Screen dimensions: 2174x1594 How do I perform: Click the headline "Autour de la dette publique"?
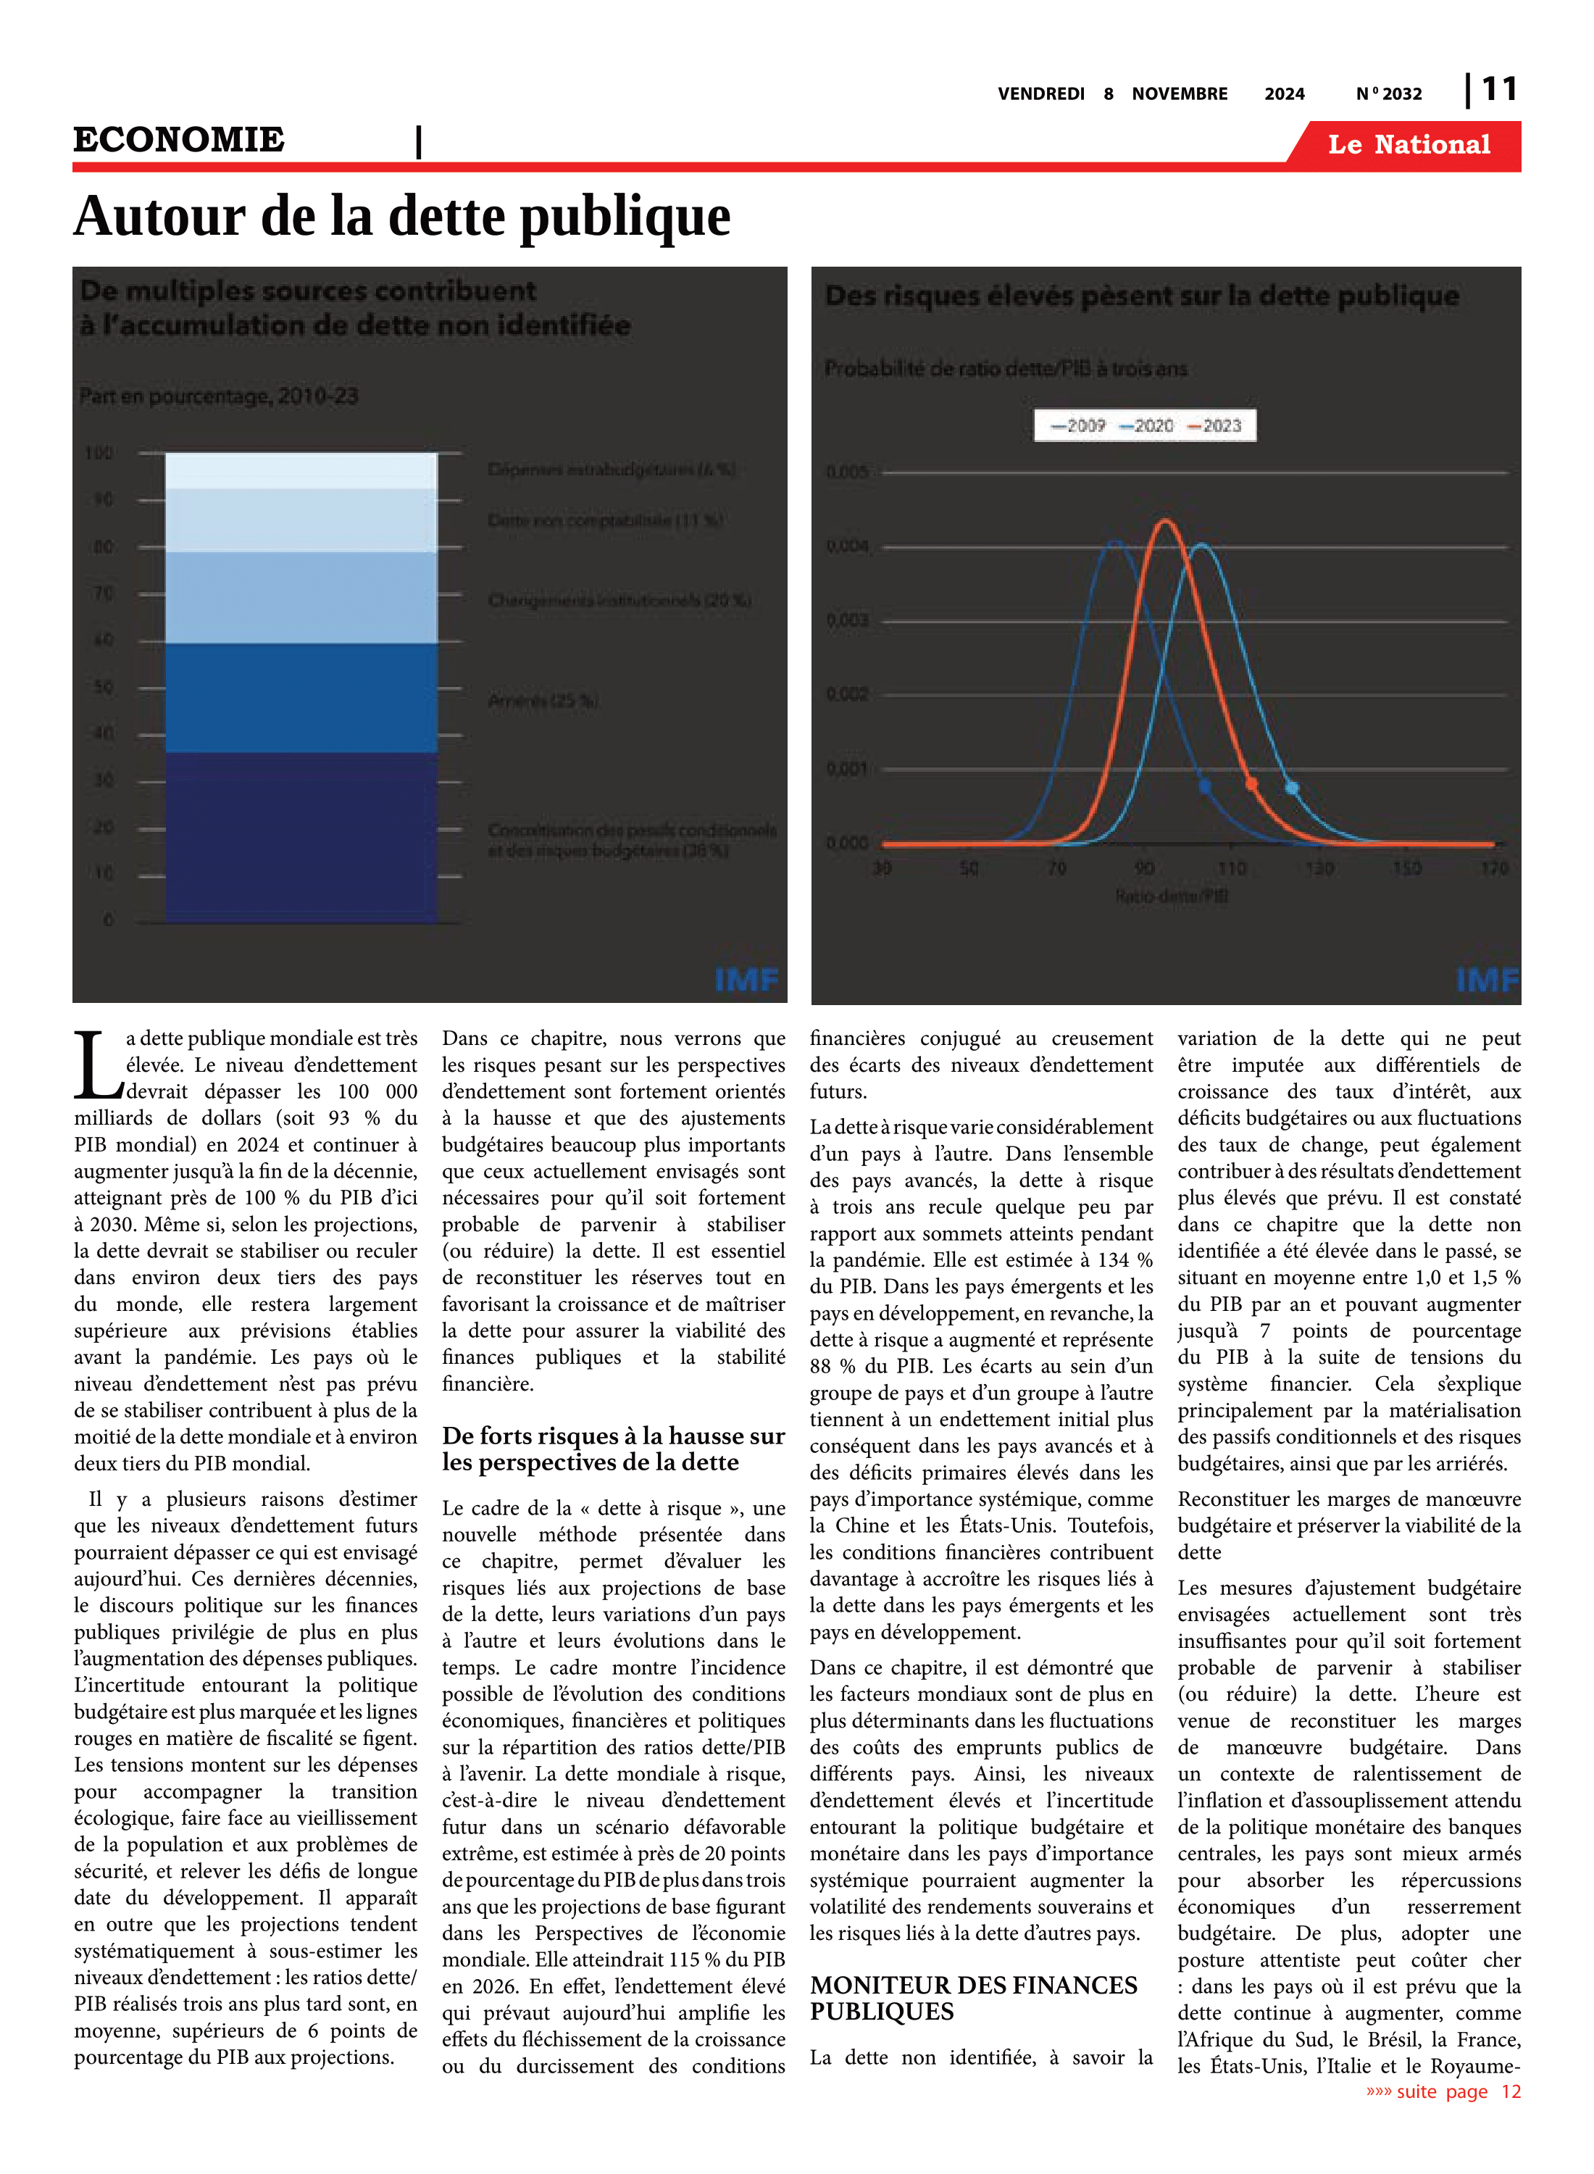point(401,216)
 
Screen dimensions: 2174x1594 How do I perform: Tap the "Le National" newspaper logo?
point(1408,145)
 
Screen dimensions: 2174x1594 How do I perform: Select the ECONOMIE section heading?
point(180,140)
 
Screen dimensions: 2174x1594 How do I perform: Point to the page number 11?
point(1498,90)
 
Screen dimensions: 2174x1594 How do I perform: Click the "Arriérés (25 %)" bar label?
point(543,701)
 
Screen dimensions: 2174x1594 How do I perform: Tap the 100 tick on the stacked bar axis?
point(99,454)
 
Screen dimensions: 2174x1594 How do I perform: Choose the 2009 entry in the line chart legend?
point(1079,425)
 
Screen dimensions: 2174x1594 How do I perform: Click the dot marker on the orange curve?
point(1251,783)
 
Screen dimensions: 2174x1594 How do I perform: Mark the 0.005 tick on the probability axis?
point(847,472)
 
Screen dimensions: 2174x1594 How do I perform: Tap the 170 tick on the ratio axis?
point(1494,868)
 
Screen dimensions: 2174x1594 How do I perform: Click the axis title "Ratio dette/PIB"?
point(1172,896)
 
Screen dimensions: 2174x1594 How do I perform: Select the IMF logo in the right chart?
point(1486,980)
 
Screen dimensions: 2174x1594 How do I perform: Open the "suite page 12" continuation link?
point(1443,2092)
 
